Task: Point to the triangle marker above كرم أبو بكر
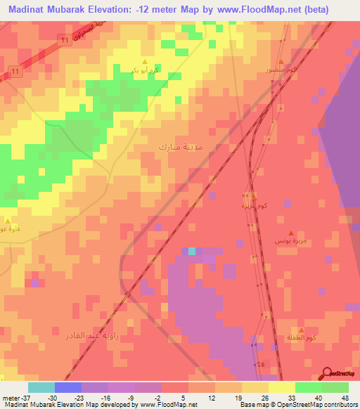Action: pyautogui.click(x=145, y=62)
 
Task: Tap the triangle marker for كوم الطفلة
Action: pyautogui.click(x=302, y=330)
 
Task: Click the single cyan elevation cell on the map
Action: pyautogui.click(x=192, y=251)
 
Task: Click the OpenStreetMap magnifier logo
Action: pyautogui.click(x=328, y=373)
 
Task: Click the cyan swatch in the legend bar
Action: pyautogui.click(x=41, y=387)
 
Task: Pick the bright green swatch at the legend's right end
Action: pyautogui.click(x=335, y=387)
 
